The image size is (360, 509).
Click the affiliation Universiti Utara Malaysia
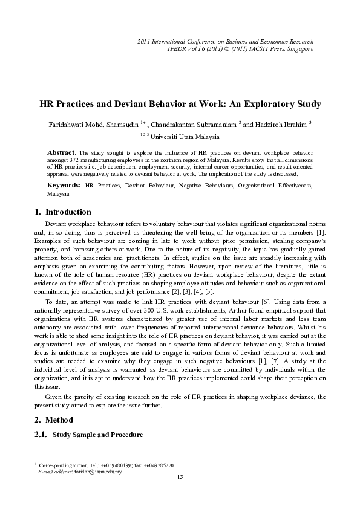[185, 137]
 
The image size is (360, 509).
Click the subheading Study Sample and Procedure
[98, 435]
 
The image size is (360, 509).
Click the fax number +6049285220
[159, 465]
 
